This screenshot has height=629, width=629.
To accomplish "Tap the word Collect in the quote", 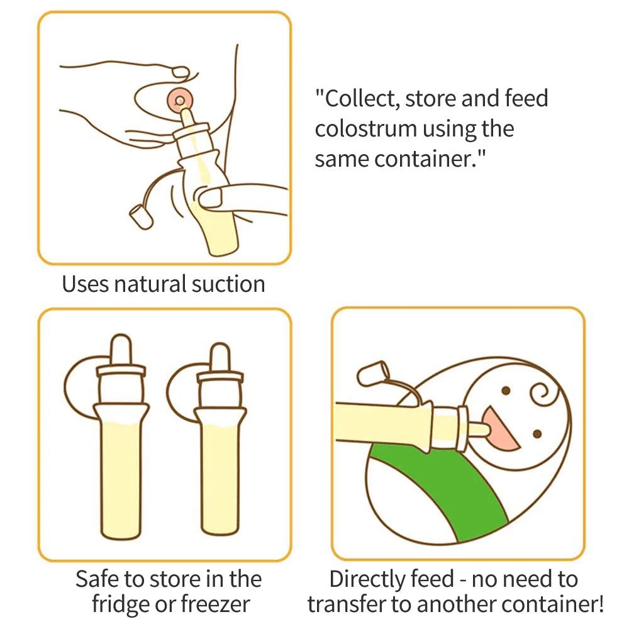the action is [x=361, y=99].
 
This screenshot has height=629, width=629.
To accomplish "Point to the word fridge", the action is [x=121, y=604].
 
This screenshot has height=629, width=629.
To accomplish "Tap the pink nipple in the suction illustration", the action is [x=180, y=99].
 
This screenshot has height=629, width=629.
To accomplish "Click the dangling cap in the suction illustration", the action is [x=141, y=217].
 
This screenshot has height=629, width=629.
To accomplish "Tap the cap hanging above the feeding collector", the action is [x=373, y=374].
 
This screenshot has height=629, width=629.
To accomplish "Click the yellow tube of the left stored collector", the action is [x=121, y=479].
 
